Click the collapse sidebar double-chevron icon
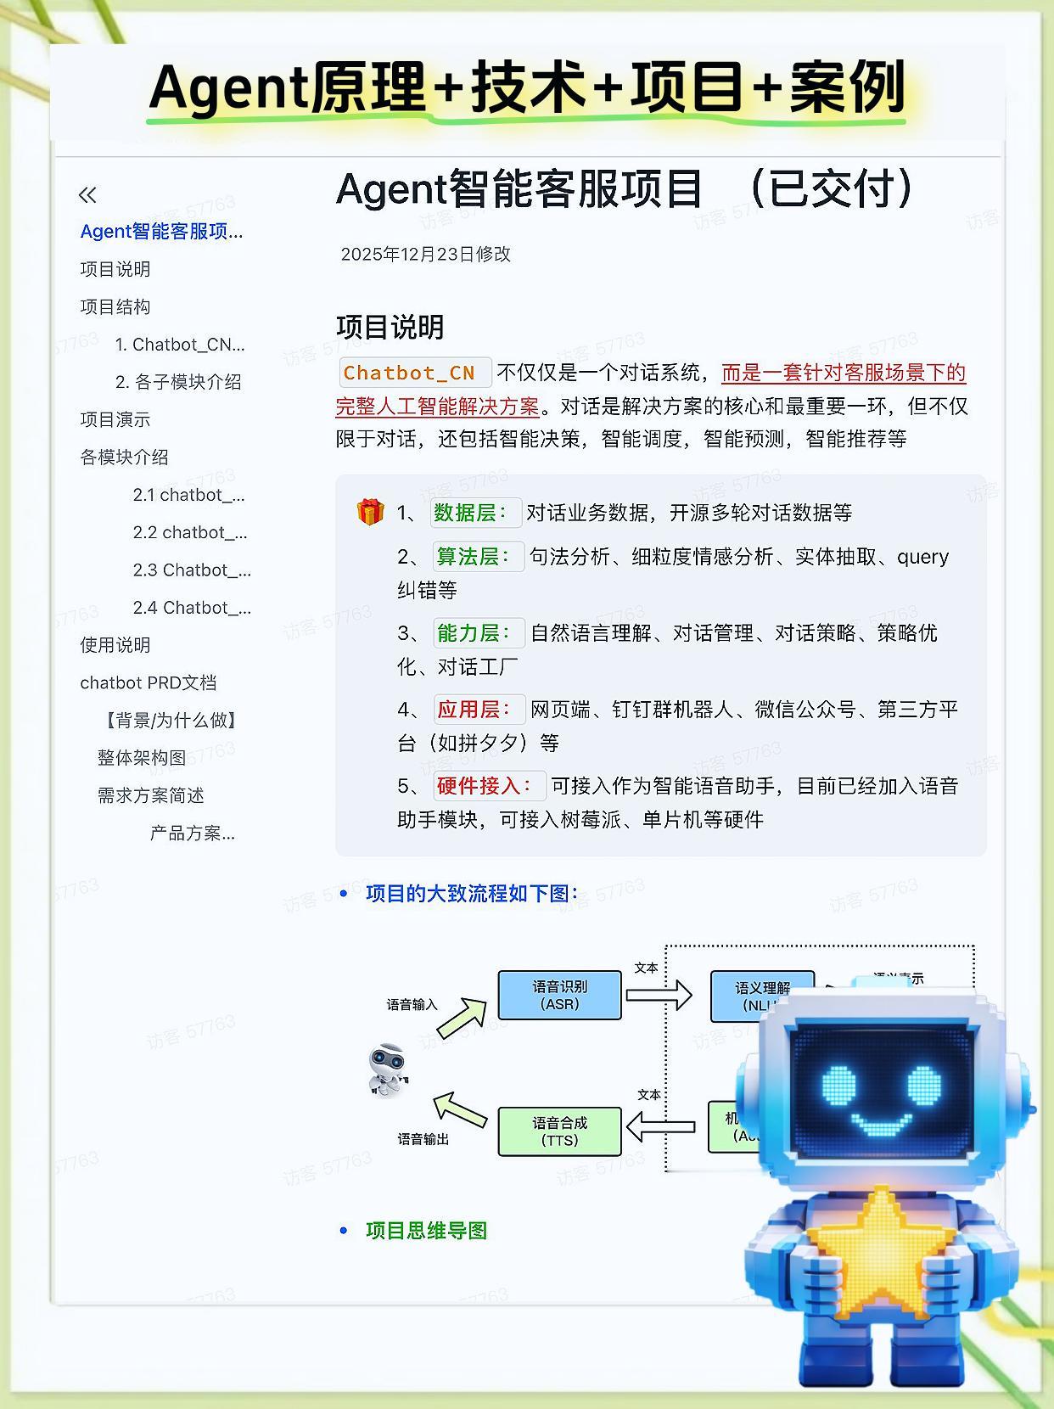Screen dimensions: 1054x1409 coord(87,195)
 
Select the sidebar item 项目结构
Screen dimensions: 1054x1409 coord(115,306)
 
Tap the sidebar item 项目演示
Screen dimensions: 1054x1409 coord(115,419)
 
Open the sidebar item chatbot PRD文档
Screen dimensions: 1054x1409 coord(149,682)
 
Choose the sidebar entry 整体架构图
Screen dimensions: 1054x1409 coord(142,757)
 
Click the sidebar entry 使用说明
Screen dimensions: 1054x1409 coord(115,645)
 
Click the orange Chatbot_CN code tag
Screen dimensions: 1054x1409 coord(409,373)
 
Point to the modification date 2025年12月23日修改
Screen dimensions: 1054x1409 coord(425,254)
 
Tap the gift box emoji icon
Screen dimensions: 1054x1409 coord(370,512)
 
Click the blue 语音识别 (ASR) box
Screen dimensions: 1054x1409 coord(559,995)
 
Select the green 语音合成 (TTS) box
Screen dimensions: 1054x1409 coord(559,1131)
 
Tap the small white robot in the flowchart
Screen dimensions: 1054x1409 coord(389,1069)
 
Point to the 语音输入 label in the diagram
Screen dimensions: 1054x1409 coord(412,1005)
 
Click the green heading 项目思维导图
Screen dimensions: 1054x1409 coord(426,1231)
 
